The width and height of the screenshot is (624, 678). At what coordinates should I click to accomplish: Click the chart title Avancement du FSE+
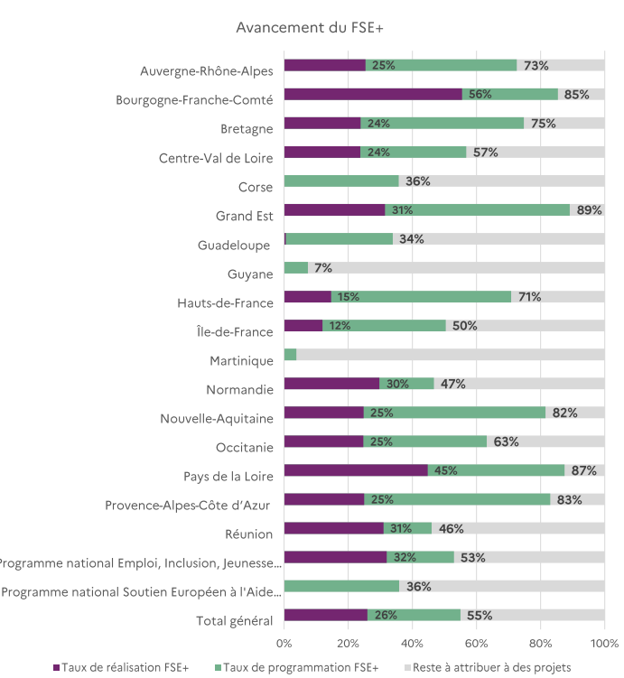(x=310, y=28)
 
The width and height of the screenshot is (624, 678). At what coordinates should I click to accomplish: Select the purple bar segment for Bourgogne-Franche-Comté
(x=372, y=94)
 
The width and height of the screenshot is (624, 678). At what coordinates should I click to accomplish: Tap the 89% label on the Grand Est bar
(x=590, y=210)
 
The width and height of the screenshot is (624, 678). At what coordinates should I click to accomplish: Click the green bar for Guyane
(x=295, y=268)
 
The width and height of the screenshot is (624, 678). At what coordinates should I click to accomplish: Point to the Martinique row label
(x=241, y=361)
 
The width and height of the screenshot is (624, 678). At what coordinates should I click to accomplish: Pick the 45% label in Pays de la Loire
(x=445, y=470)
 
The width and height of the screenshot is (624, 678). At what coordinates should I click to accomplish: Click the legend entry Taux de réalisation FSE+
(x=126, y=667)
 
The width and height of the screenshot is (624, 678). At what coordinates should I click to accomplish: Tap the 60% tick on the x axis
(x=477, y=644)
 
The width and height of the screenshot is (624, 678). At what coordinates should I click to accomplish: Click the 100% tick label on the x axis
(x=604, y=644)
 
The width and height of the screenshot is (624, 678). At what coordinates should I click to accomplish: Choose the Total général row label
(x=235, y=620)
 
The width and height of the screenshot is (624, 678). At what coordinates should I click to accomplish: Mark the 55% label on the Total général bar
(x=480, y=616)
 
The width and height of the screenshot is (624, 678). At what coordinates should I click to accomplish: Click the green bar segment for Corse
(x=340, y=181)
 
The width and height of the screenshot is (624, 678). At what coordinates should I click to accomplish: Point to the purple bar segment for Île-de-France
(x=303, y=326)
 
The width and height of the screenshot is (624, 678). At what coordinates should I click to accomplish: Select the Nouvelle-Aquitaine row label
(x=217, y=419)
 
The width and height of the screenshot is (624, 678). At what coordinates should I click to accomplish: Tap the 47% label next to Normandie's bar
(x=453, y=384)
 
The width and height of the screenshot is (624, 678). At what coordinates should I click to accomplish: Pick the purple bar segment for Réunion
(x=333, y=528)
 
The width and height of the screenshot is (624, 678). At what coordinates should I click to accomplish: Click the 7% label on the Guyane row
(x=323, y=268)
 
